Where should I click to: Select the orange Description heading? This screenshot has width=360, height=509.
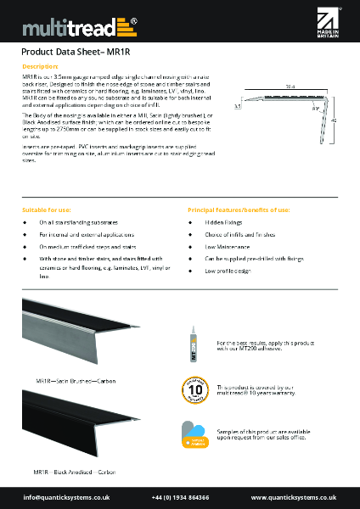[39, 66]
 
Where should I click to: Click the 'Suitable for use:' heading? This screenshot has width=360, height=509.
[46, 209]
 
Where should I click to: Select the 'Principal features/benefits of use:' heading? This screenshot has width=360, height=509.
[239, 209]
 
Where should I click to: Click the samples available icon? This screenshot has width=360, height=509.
[193, 433]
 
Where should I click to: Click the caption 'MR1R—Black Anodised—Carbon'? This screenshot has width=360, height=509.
[75, 470]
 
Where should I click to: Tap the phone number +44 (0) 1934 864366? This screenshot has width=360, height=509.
[180, 497]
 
